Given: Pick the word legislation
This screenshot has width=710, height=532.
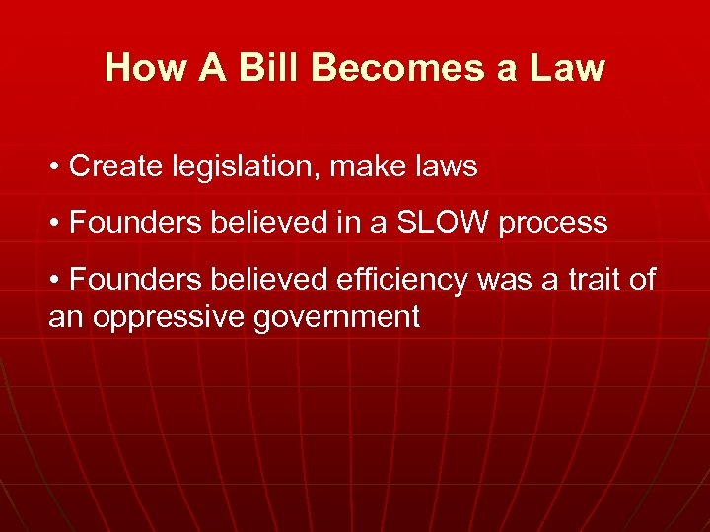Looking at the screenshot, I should coord(240,167).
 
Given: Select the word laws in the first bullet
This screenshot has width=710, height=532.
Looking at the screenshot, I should coord(445,166).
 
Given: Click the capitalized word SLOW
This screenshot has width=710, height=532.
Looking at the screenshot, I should coord(442,223).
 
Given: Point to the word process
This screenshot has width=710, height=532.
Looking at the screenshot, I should coord(553,225).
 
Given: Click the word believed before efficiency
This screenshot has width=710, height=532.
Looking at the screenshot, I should coord(269,280).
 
